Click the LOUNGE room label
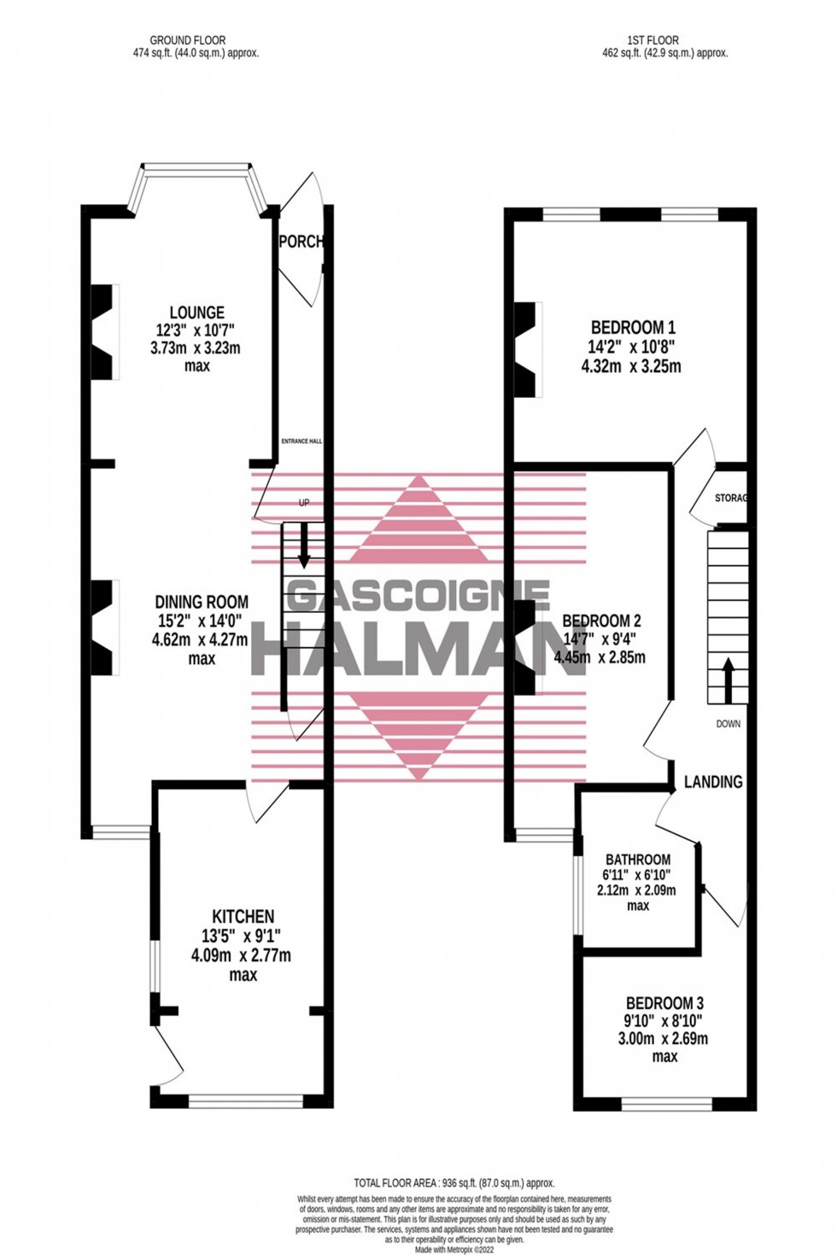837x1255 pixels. pos(196,312)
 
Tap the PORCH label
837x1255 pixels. pos(301,242)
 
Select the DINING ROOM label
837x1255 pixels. pos(202,602)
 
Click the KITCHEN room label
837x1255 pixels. pos(243,916)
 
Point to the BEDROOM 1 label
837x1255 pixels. pos(633,327)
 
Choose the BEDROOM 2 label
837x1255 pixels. pos(601,621)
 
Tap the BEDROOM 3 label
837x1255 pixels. pos(664,1003)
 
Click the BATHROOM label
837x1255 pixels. pos(638,859)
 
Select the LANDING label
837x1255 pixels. pos(713,781)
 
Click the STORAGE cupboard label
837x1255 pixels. pos(731,498)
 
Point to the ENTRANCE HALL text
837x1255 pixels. pos(301,441)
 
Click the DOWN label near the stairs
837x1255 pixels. pos(729,724)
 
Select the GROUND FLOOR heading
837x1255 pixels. pos(188,40)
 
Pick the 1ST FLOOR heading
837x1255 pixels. pos(653,40)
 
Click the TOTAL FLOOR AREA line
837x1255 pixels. pos(454,1182)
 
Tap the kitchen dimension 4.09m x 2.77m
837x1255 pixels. pos(241,955)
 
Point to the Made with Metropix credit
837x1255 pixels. pos(454,1249)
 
